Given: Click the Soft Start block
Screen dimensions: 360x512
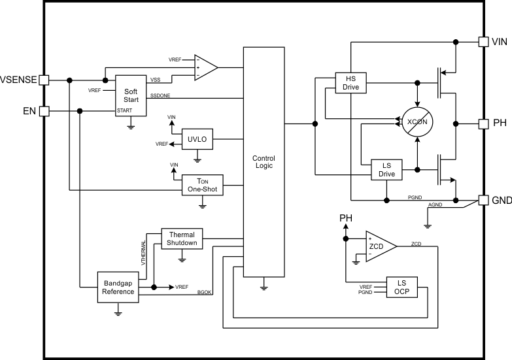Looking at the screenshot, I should click(131, 96).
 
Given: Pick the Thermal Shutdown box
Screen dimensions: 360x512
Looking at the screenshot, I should click(182, 238).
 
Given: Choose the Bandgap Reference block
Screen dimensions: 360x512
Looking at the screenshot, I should click(118, 287).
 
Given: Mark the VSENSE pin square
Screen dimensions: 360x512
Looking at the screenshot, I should click(44, 80).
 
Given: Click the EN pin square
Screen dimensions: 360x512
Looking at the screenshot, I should click(44, 111).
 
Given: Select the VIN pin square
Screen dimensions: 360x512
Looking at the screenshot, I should click(484, 42).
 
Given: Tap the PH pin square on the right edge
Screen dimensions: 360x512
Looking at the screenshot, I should click(484, 123).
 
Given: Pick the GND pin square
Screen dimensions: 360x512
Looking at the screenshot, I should click(484, 200).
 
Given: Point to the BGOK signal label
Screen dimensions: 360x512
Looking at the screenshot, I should click(205, 291).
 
